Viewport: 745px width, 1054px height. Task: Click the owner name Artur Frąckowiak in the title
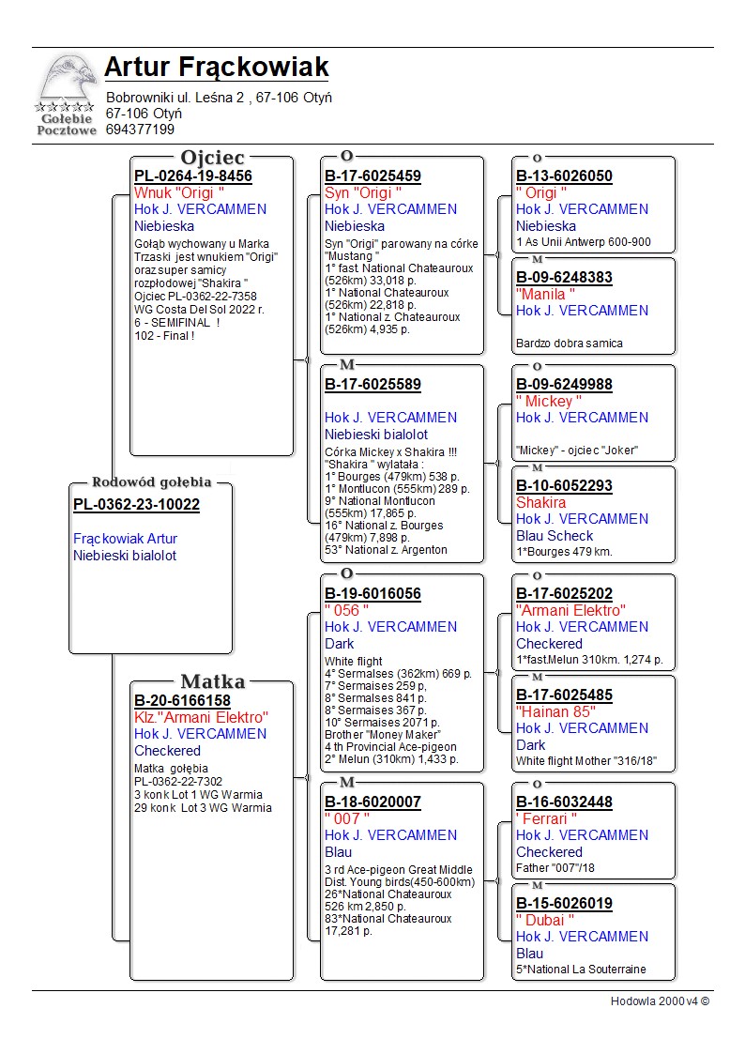(216, 68)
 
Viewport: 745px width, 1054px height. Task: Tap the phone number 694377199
(140, 130)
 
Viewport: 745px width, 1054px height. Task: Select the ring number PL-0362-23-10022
(136, 505)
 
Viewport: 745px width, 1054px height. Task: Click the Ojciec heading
(212, 158)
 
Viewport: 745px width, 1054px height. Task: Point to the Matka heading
(212, 682)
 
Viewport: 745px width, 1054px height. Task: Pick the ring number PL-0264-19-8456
(192, 176)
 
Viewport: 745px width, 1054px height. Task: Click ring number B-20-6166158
(182, 700)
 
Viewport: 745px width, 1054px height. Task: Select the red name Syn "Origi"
(362, 192)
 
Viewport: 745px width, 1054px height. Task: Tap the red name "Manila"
(545, 294)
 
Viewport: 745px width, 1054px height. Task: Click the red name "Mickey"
(549, 401)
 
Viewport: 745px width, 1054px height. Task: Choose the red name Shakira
(540, 502)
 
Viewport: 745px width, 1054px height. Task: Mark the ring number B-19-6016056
(372, 593)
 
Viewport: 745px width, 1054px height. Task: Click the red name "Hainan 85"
(555, 711)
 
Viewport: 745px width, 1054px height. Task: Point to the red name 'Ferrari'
(546, 818)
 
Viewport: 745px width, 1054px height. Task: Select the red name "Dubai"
(544, 920)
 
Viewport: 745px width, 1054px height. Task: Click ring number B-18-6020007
(372, 802)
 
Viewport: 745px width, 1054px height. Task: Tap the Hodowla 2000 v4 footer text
(660, 1001)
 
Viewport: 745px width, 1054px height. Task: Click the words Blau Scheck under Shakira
(555, 536)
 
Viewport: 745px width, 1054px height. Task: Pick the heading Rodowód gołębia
(151, 482)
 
